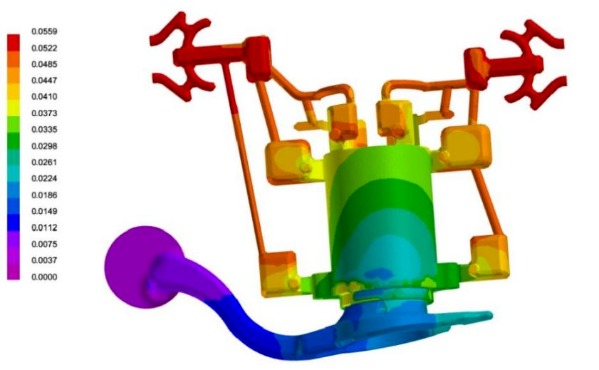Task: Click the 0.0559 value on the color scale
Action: [x=44, y=31]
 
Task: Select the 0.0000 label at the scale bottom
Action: [x=44, y=277]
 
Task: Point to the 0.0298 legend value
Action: [x=44, y=146]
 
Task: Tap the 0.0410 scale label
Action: [x=44, y=97]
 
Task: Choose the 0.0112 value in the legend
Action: [x=44, y=228]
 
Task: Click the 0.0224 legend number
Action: [x=44, y=178]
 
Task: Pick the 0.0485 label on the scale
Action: [x=44, y=64]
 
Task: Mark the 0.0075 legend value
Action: [x=44, y=245]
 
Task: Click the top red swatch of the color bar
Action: [x=14, y=43]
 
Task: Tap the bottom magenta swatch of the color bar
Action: [x=14, y=272]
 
